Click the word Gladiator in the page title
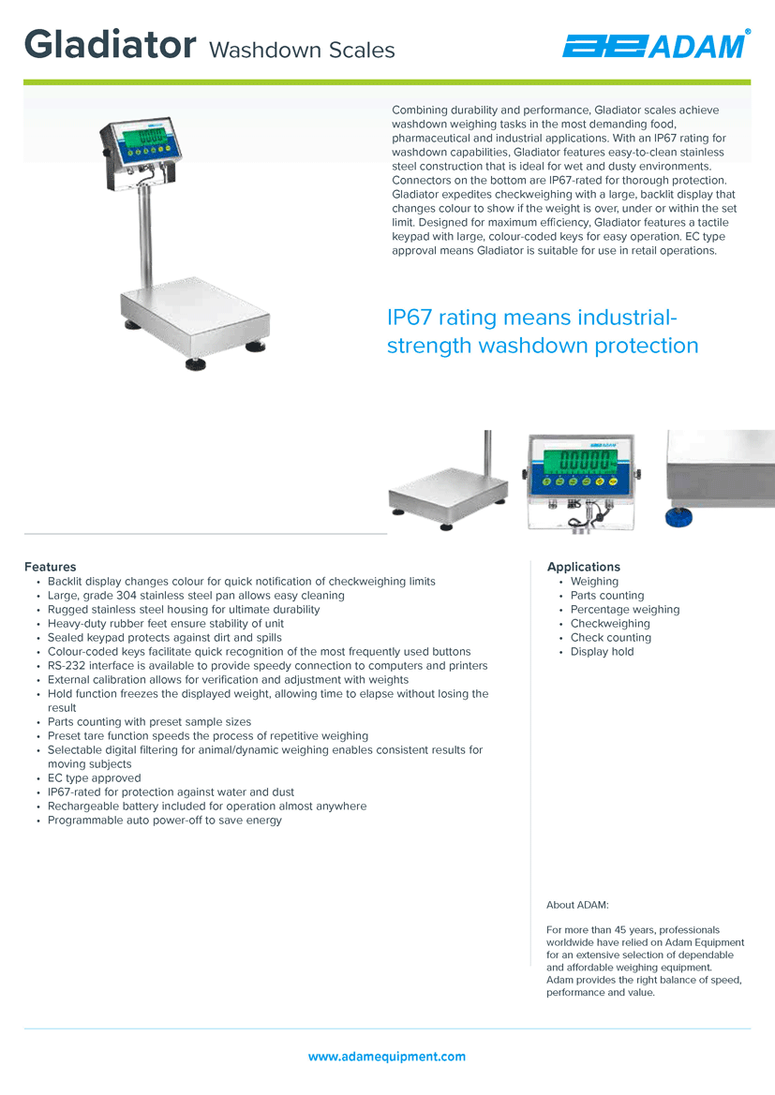[x=111, y=44]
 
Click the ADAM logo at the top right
[x=657, y=45]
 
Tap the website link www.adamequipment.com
[x=387, y=1057]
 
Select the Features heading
[x=51, y=567]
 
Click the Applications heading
[x=584, y=567]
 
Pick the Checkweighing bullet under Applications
[x=610, y=624]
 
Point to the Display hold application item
[x=603, y=652]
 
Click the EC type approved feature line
[x=95, y=778]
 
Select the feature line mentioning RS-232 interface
[x=268, y=665]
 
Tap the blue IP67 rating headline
[x=543, y=331]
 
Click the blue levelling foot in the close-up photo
[x=678, y=517]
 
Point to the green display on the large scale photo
[x=144, y=136]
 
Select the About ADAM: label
[x=577, y=905]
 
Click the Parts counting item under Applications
[x=607, y=596]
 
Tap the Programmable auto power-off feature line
[x=165, y=820]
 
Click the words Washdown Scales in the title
[x=302, y=51]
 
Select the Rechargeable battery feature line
[x=207, y=806]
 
